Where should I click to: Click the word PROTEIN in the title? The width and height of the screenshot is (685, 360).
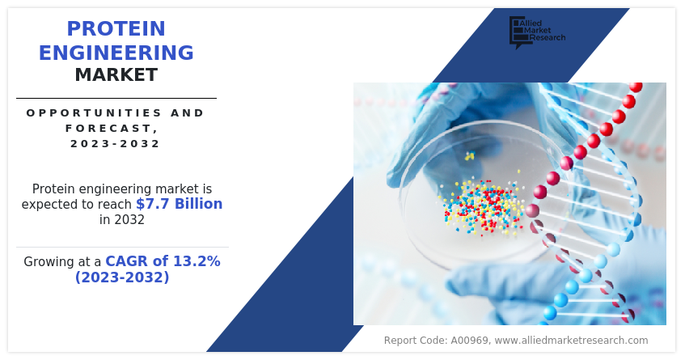(116, 29)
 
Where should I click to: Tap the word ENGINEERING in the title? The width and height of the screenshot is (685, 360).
(116, 53)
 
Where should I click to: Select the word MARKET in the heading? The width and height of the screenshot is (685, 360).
(116, 74)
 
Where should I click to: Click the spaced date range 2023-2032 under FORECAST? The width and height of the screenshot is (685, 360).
(116, 144)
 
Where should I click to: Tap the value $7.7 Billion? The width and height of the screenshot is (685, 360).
(179, 204)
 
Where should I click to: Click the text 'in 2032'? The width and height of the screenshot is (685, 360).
(122, 219)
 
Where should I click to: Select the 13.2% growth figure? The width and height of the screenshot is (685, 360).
(197, 261)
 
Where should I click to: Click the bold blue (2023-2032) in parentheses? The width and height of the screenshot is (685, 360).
(122, 277)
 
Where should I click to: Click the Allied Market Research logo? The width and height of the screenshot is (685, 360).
(537, 32)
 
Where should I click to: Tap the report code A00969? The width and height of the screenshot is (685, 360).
(469, 341)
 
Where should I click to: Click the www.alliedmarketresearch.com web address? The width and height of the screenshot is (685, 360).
(572, 341)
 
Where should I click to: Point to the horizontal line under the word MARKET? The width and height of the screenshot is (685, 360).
(116, 99)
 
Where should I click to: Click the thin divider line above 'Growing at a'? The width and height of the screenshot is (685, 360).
(122, 248)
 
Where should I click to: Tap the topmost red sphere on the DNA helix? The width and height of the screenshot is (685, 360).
(636, 87)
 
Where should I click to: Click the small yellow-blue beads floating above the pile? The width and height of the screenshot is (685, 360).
(470, 155)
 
